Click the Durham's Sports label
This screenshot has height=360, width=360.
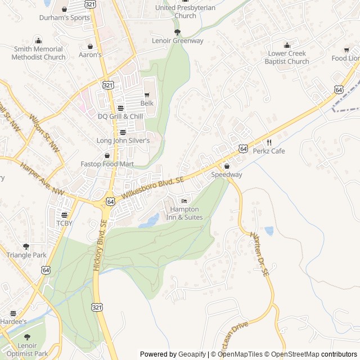click(x=64, y=17)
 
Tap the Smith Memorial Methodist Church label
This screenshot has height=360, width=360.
click(x=38, y=53)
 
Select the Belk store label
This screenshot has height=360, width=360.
click(x=147, y=103)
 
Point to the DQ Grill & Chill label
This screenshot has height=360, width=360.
click(x=120, y=116)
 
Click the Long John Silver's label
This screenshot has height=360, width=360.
click(x=123, y=140)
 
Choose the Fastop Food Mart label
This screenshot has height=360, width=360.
click(x=107, y=164)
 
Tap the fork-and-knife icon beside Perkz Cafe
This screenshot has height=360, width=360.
click(x=269, y=142)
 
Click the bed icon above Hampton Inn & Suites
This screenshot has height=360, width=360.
click(x=184, y=201)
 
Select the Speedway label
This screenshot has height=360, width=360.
click(x=227, y=175)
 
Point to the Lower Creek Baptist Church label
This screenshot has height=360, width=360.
click(x=287, y=57)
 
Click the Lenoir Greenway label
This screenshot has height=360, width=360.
click(x=178, y=41)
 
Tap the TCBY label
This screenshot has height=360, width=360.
click(x=64, y=223)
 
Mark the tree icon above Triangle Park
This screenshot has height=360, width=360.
click(x=26, y=246)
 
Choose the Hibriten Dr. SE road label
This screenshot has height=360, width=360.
click(x=260, y=253)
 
